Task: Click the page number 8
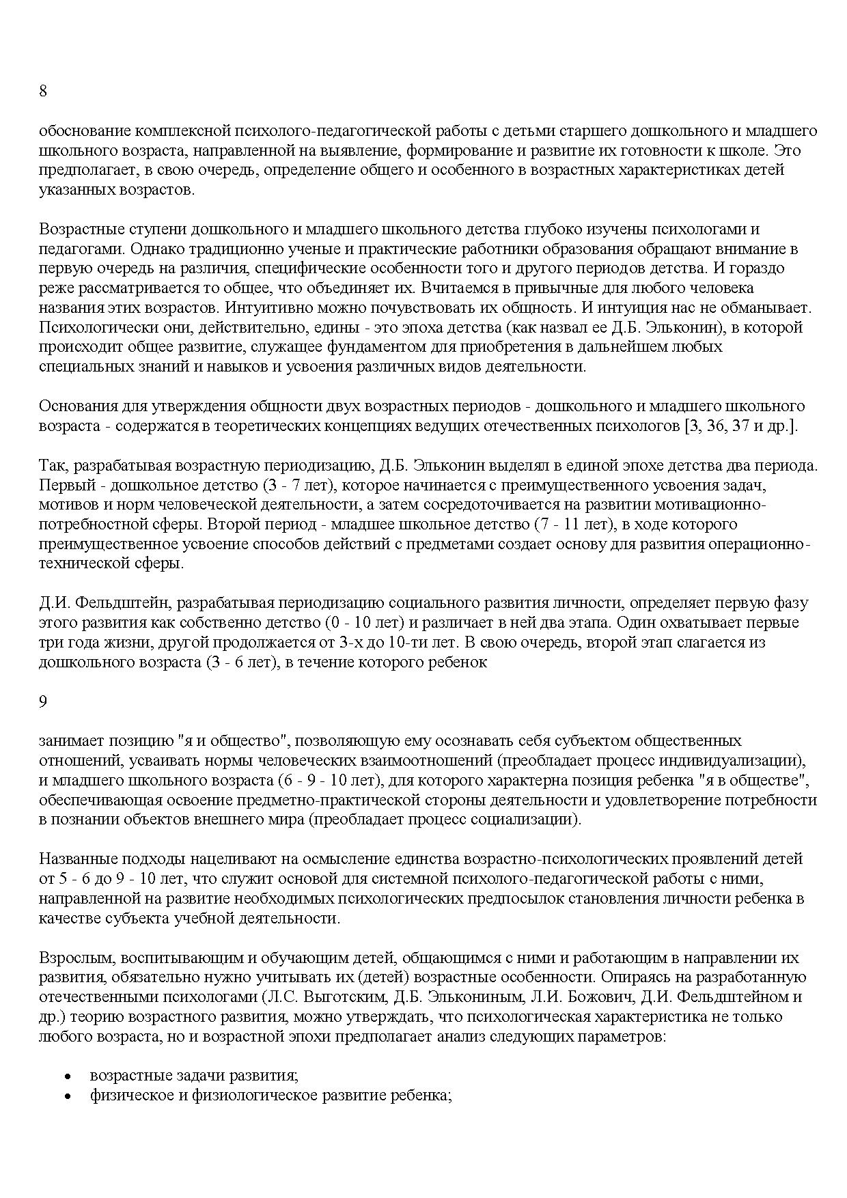click(x=43, y=92)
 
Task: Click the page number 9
click(x=43, y=701)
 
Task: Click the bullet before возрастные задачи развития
click(x=67, y=1076)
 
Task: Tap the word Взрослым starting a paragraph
click(x=71, y=958)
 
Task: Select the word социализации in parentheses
click(x=533, y=819)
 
